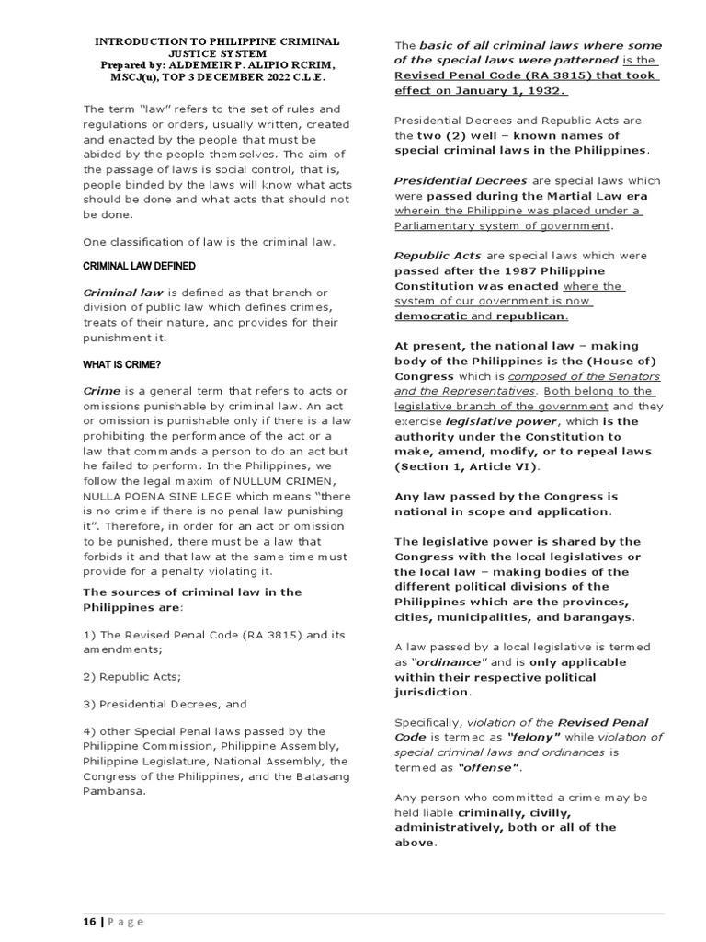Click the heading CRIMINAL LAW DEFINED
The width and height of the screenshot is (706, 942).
pyautogui.click(x=139, y=266)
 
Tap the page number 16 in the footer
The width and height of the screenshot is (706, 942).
pyautogui.click(x=89, y=922)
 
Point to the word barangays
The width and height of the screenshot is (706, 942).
pyautogui.click(x=598, y=616)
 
